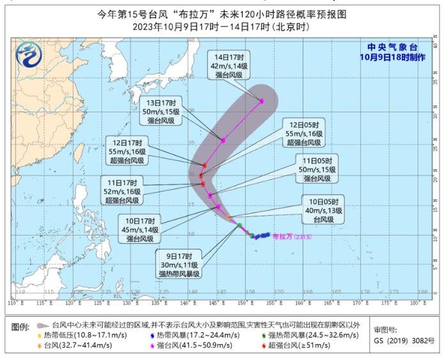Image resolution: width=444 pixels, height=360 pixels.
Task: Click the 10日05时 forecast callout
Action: coord(321,211)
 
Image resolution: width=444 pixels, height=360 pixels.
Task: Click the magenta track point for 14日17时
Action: coord(262,101)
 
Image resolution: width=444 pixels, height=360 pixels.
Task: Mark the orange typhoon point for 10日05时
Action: coord(229,218)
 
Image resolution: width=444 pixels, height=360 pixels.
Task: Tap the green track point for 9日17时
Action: coord(240,225)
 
